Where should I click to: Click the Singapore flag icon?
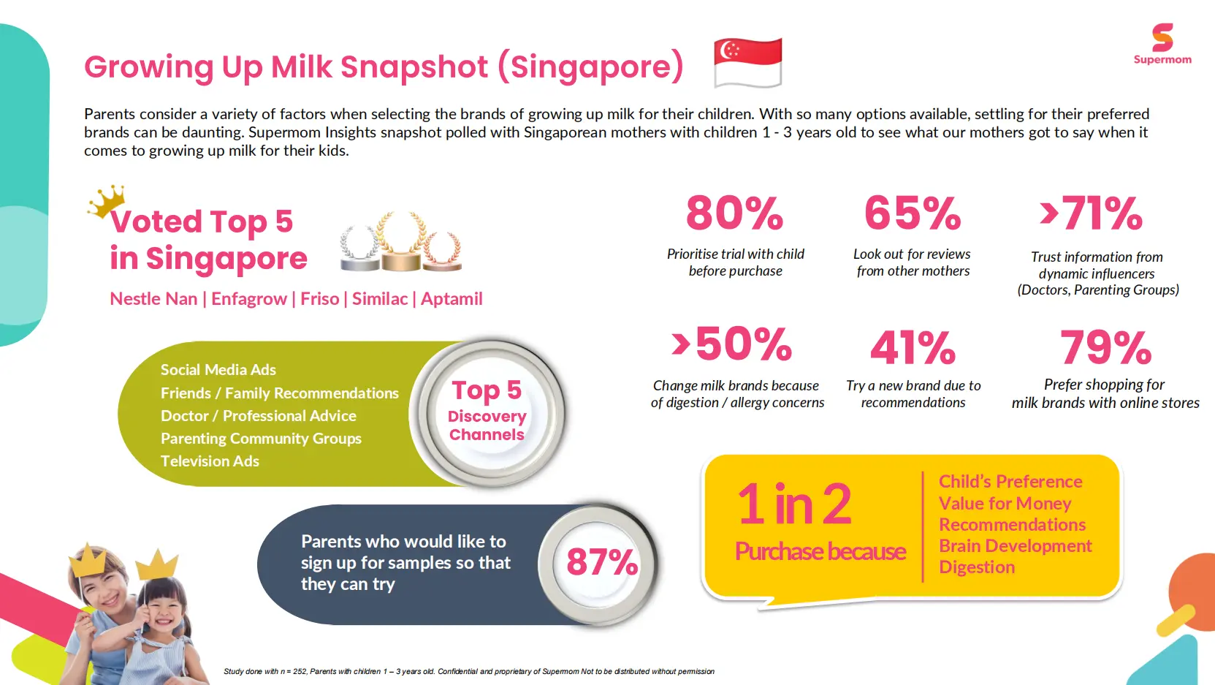coord(747,62)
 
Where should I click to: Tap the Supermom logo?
coord(1162,44)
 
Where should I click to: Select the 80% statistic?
coord(734,213)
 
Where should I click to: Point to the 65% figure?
coord(913,213)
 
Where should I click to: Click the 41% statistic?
coord(913,347)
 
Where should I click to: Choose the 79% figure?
coord(1105,347)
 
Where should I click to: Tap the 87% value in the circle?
coord(601,562)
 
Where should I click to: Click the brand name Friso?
coord(319,299)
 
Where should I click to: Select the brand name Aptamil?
coord(452,299)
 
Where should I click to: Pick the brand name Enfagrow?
coord(249,299)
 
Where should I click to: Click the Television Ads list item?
coord(210,461)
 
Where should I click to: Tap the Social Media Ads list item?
coord(218,370)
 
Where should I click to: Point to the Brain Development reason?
coord(1015,546)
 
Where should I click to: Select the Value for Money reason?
coord(1005,504)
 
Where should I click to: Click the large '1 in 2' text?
coord(794,504)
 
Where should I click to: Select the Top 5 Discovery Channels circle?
coord(487,412)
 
